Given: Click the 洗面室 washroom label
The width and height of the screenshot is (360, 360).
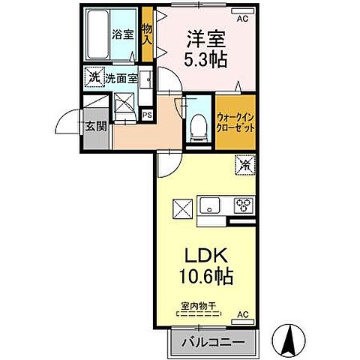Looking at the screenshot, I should [x=120, y=76].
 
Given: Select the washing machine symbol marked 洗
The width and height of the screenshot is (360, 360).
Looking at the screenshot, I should [x=94, y=76].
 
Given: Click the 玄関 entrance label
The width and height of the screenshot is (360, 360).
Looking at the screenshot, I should [x=96, y=125].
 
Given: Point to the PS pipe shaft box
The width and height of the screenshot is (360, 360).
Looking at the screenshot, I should [x=148, y=115].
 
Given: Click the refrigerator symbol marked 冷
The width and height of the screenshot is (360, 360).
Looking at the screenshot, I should [x=244, y=163].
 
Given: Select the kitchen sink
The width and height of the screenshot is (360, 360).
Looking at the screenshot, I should [x=210, y=204].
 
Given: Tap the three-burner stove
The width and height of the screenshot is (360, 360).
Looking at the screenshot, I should [x=241, y=204].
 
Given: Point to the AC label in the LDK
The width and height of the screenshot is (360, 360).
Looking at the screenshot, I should [x=242, y=313].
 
